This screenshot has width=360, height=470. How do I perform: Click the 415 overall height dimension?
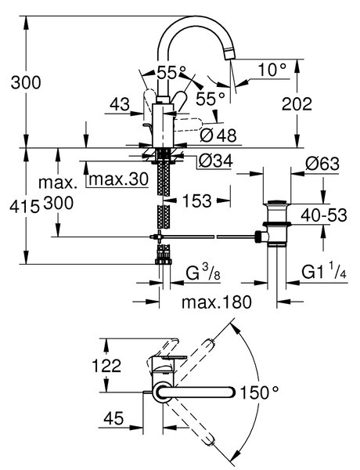click(x=24, y=206)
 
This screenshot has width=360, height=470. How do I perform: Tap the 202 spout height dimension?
click(x=297, y=103)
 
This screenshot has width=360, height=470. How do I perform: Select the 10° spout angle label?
click(x=272, y=70)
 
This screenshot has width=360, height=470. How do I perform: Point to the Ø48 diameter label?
click(x=218, y=136)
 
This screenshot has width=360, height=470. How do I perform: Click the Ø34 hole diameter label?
click(x=215, y=161)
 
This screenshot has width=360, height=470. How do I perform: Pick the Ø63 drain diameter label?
click(x=322, y=164)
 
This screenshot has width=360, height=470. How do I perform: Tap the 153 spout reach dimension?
click(x=196, y=201)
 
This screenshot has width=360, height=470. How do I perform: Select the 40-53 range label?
click(x=324, y=215)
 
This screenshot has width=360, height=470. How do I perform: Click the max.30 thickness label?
click(x=119, y=179)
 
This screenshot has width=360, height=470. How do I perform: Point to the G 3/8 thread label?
click(x=203, y=273)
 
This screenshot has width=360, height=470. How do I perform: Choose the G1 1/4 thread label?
click(x=324, y=271)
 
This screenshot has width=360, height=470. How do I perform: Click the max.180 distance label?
click(x=217, y=302)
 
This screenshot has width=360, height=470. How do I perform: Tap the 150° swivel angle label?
click(x=259, y=392)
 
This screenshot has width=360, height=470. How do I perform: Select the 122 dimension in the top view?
click(x=106, y=365)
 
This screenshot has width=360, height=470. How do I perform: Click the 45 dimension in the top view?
click(x=113, y=418)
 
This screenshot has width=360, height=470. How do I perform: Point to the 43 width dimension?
click(x=120, y=104)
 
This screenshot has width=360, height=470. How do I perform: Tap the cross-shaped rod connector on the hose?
click(x=157, y=237)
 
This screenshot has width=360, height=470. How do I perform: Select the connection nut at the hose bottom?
click(x=164, y=261)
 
